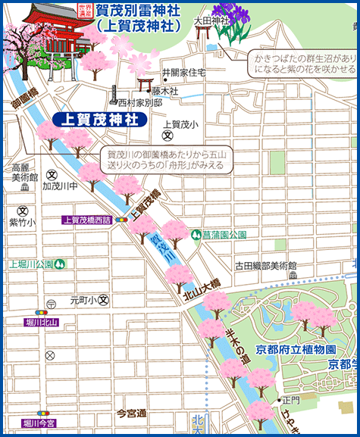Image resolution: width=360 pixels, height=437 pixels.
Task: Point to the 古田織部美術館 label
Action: [x=266, y=266]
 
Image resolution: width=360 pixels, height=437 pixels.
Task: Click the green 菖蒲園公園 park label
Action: [x=225, y=235]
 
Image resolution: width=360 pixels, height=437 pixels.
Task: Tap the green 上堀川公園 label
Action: [x=31, y=264]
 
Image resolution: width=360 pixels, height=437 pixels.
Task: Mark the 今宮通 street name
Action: [x=131, y=414]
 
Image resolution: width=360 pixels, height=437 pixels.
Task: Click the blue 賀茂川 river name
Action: [x=161, y=250]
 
